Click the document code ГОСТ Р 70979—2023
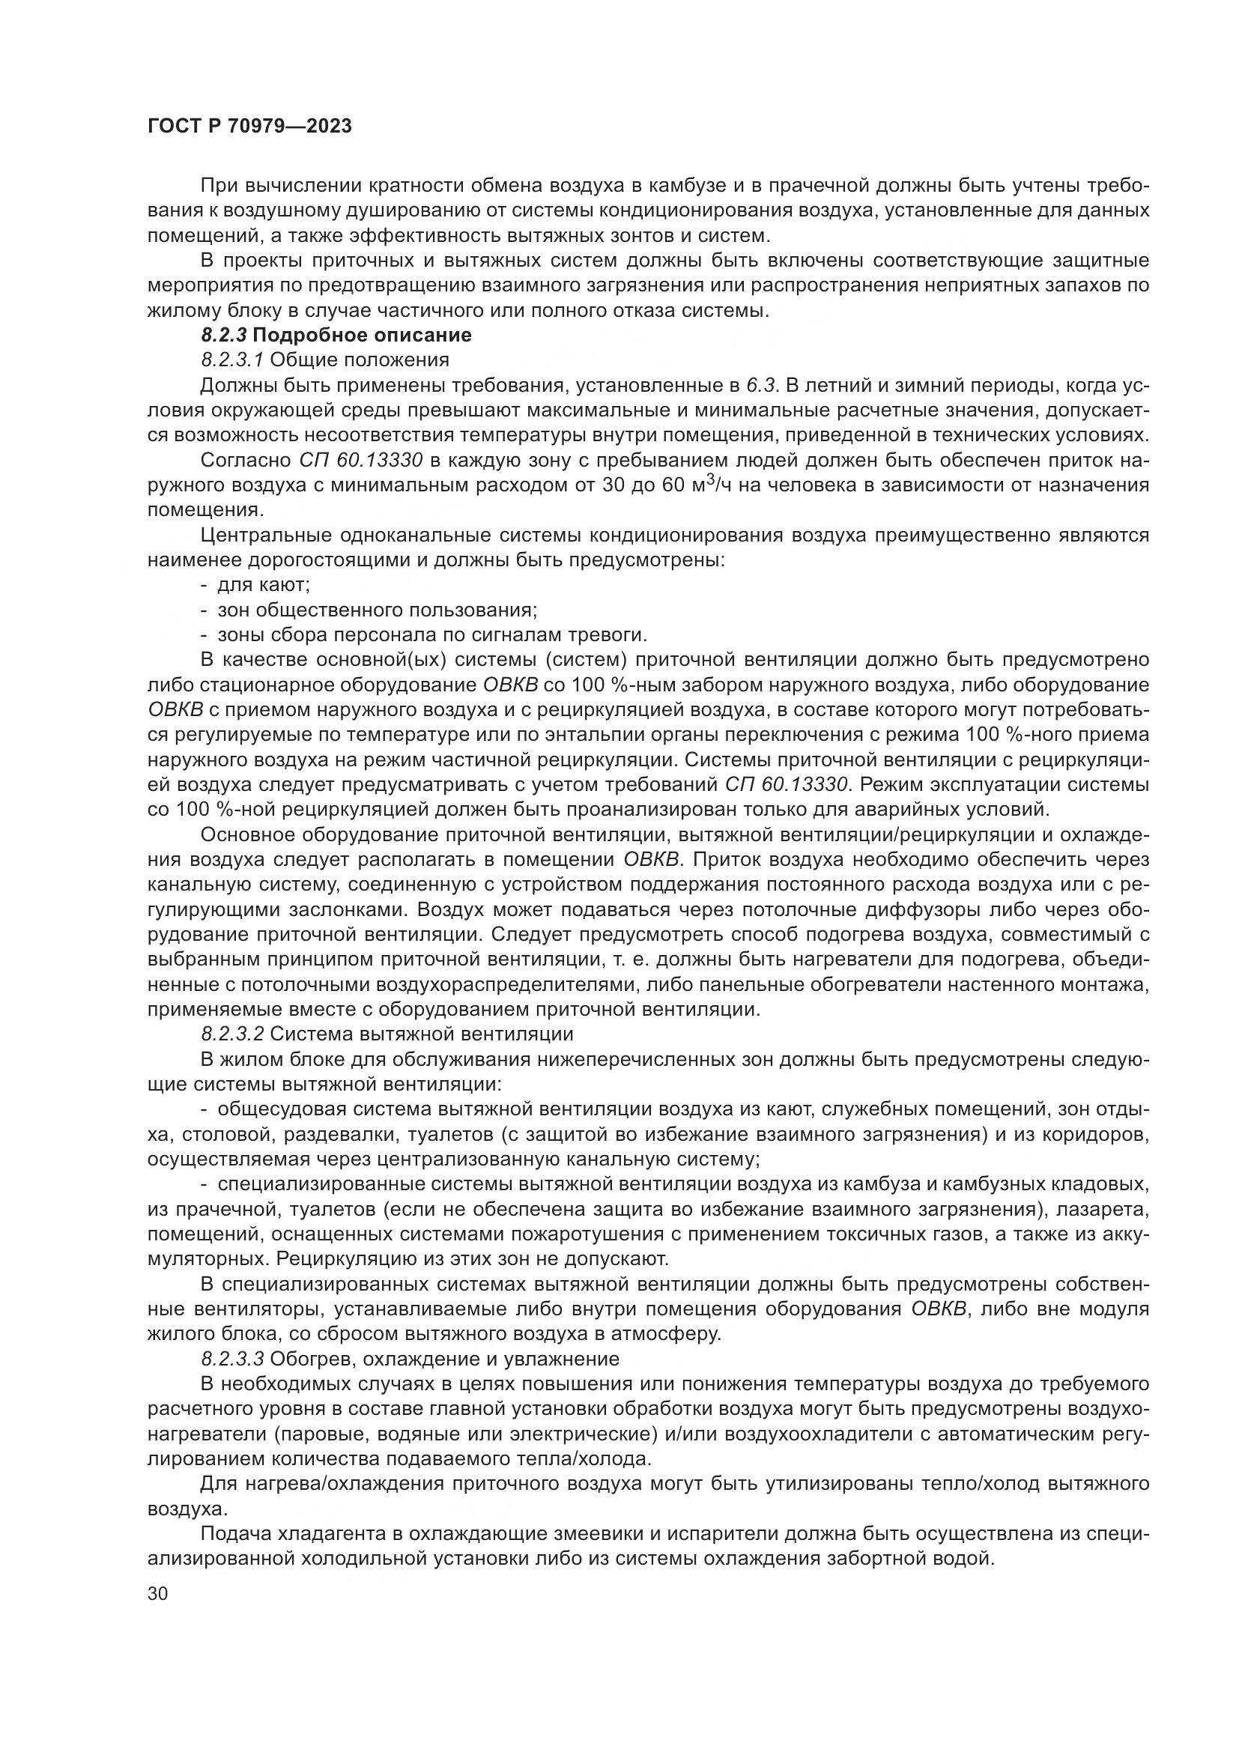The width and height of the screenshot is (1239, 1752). [250, 126]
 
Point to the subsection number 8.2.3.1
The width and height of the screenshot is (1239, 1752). [234, 360]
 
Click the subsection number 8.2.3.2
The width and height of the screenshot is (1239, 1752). [234, 1034]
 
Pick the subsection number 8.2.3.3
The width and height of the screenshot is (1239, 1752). [234, 1359]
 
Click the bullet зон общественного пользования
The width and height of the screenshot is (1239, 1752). [378, 610]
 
